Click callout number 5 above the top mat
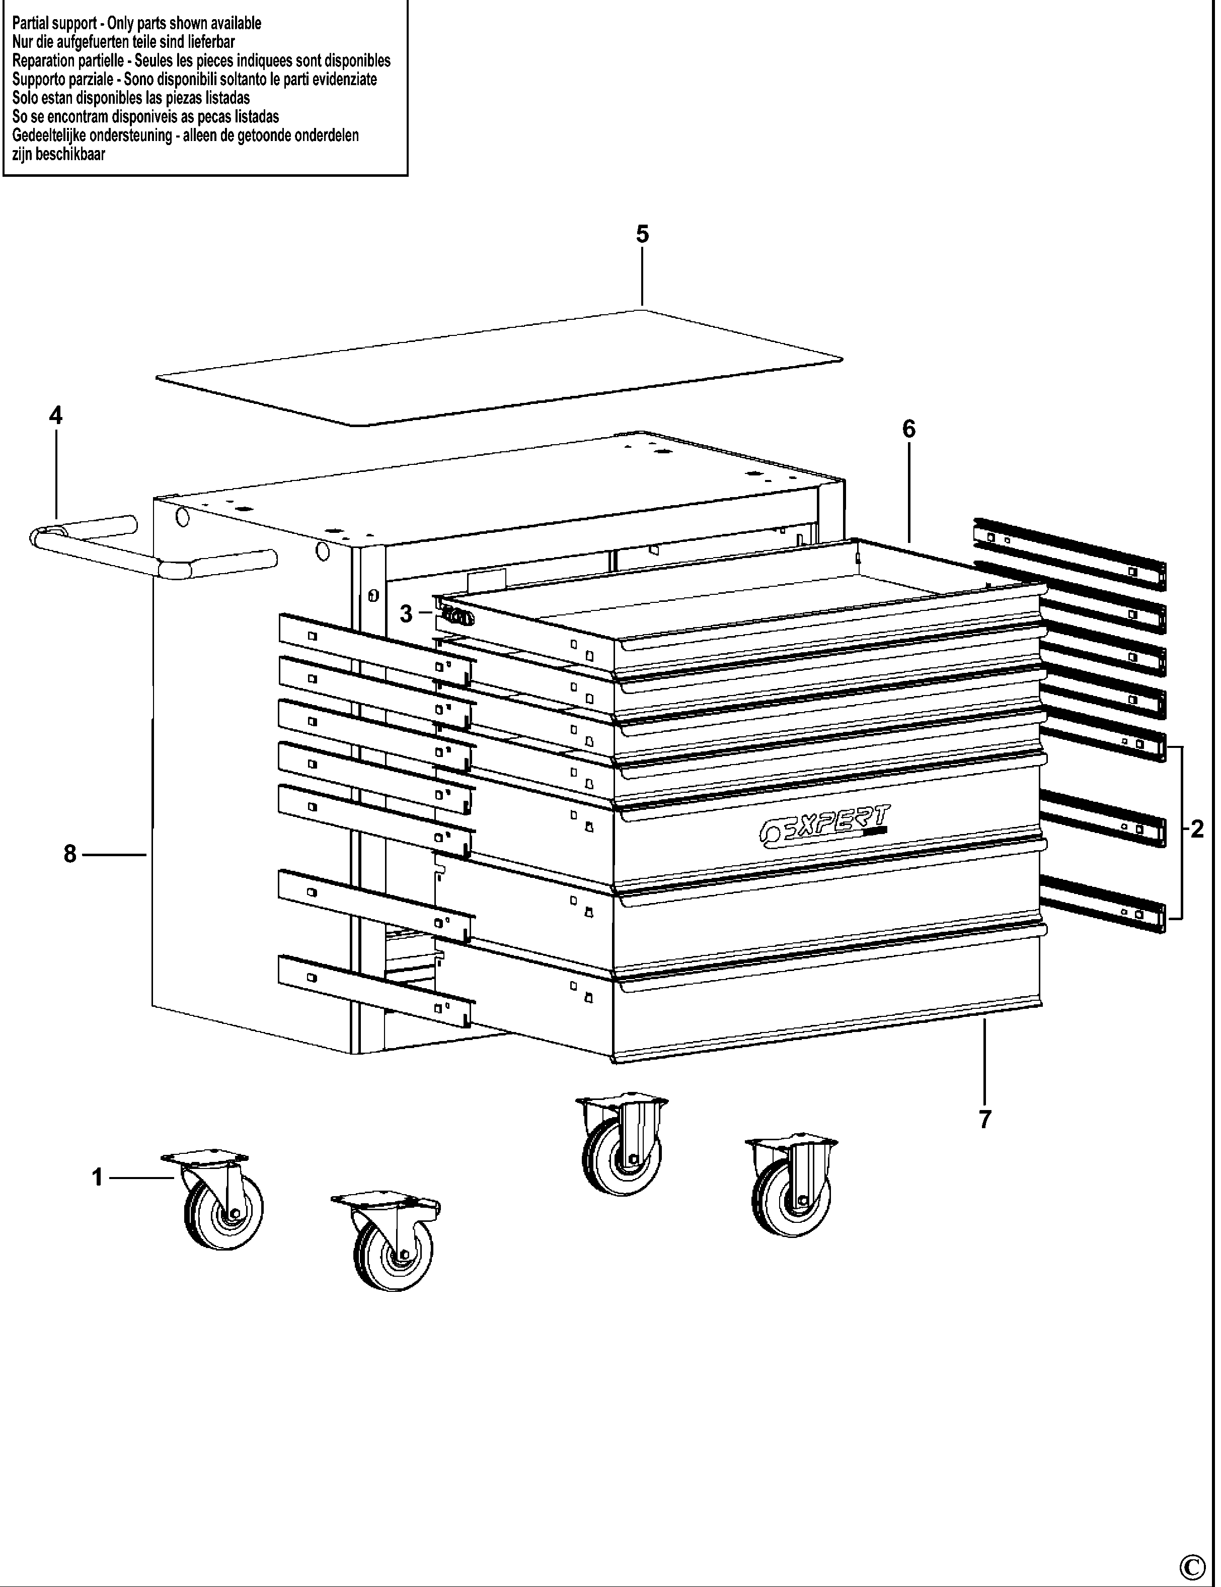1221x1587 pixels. point(642,234)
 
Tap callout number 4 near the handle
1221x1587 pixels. point(56,416)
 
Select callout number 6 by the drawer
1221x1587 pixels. point(908,430)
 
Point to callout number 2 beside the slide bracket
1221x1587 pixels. point(1197,829)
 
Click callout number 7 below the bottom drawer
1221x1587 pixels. point(985,1120)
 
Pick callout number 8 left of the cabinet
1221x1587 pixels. point(70,854)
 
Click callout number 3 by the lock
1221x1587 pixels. point(406,614)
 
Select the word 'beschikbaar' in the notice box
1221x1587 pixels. point(70,154)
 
